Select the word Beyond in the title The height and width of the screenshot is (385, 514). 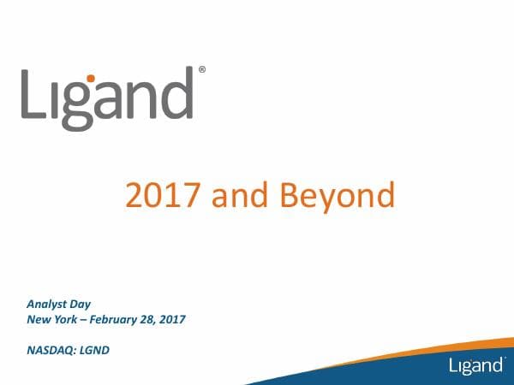point(338,196)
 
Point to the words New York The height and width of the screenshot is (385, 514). point(51,319)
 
